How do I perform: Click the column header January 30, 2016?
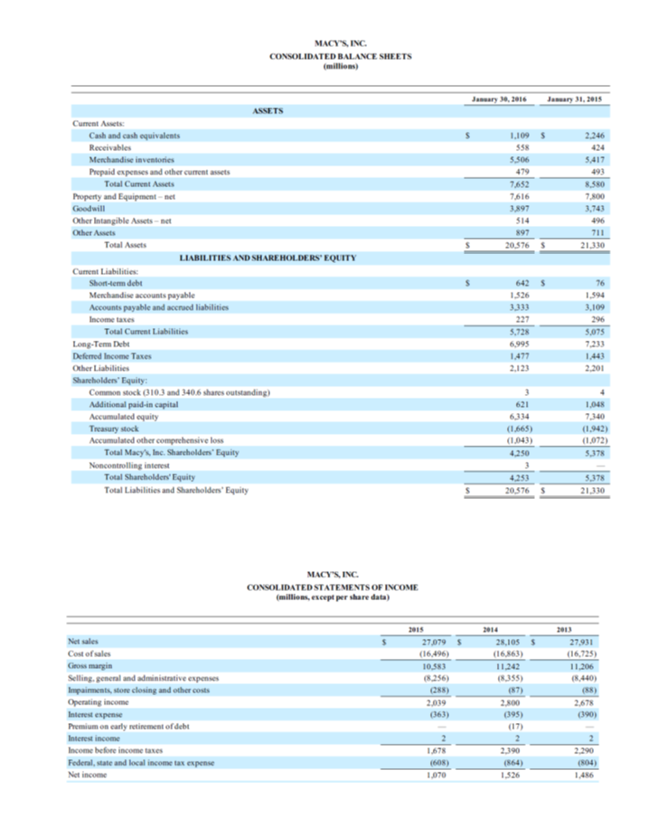[x=498, y=98]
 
